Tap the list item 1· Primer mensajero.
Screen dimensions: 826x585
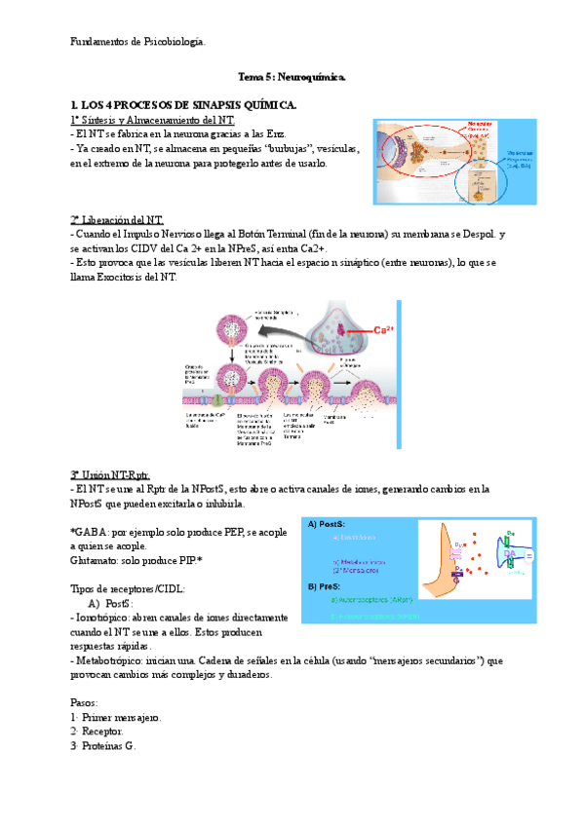[116, 717]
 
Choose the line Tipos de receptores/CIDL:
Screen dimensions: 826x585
[129, 589]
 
